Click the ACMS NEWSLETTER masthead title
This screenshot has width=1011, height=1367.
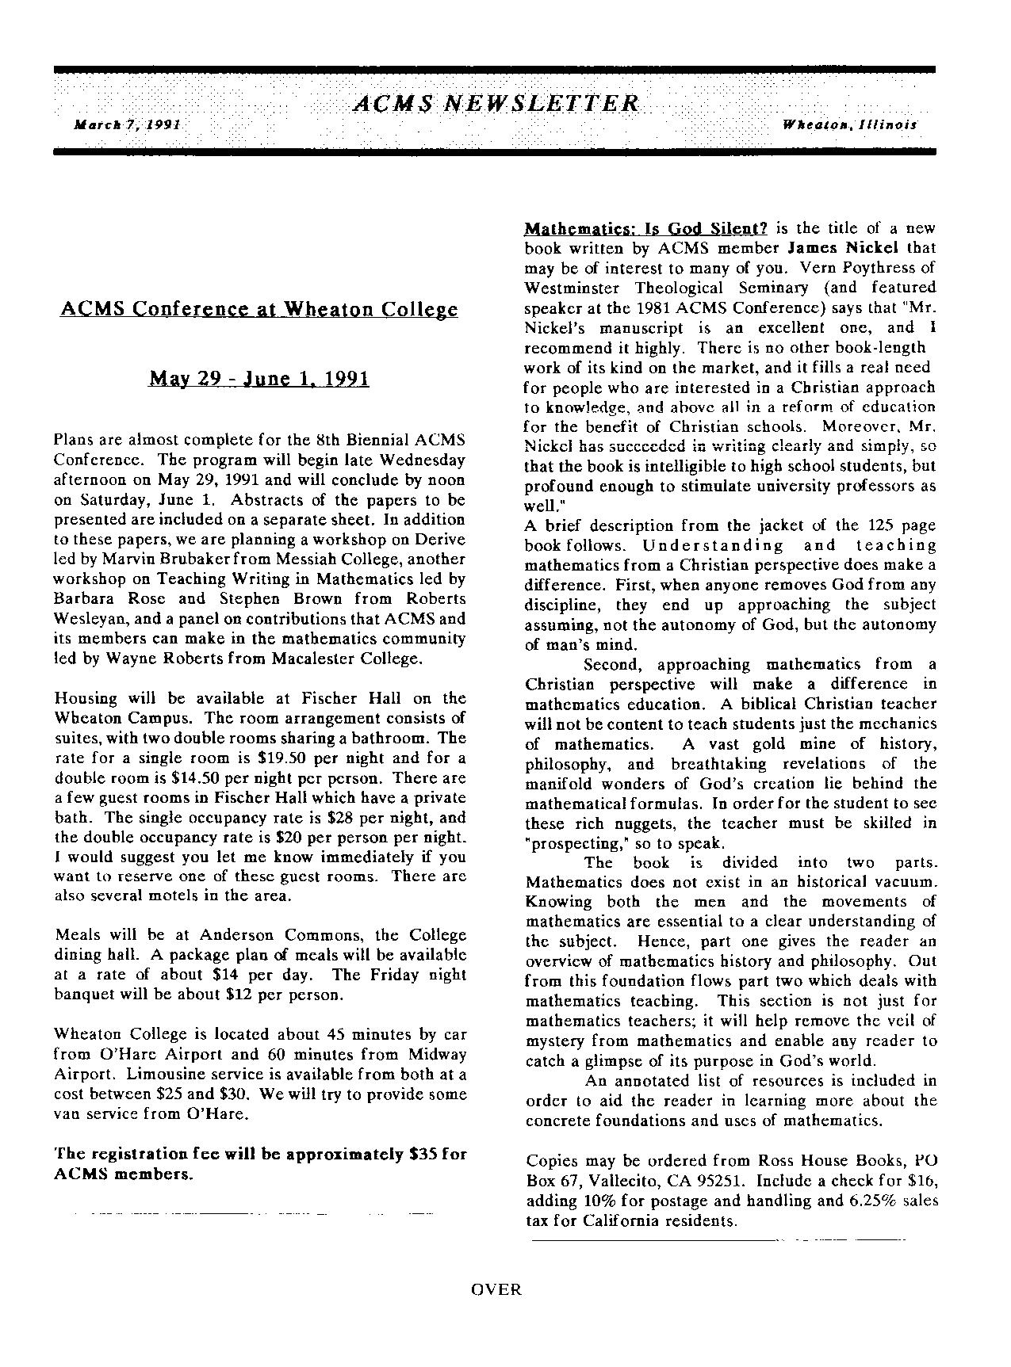[x=496, y=104]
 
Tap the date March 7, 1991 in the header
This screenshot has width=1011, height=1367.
[x=128, y=125]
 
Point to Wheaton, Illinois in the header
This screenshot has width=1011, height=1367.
[x=849, y=125]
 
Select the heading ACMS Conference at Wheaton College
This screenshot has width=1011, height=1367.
[x=258, y=309]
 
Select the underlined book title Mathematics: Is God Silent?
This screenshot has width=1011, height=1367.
[x=645, y=229]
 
